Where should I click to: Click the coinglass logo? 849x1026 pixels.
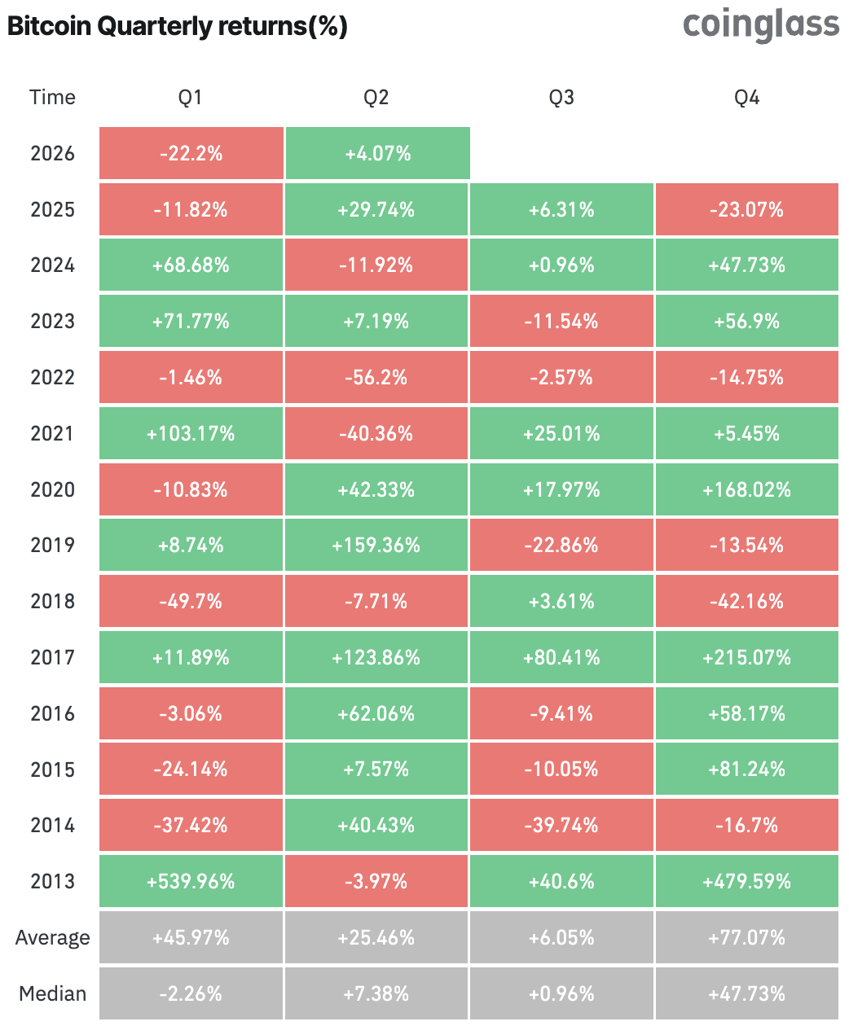pos(760,25)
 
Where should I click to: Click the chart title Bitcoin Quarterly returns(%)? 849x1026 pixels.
pos(177,26)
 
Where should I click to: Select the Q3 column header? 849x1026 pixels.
pos(561,98)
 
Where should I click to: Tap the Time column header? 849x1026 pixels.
pos(52,98)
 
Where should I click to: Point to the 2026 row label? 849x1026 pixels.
pos(52,153)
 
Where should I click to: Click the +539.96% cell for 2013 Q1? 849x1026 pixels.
pos(191,881)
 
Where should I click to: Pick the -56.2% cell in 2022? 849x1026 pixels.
pos(376,377)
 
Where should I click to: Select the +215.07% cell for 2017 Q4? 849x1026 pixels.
pos(746,657)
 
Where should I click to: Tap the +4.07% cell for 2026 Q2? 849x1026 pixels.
pos(377,153)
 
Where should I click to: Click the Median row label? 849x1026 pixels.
pos(52,993)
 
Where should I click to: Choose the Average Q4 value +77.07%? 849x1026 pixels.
pos(746,937)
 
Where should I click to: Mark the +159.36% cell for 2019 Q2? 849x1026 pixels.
pos(376,545)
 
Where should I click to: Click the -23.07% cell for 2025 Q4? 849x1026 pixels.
pos(746,209)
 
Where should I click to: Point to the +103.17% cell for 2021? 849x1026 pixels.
pos(191,433)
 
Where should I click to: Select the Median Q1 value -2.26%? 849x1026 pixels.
pos(191,993)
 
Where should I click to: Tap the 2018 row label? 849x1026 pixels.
pos(52,601)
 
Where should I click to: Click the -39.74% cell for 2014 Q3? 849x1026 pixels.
pos(561,825)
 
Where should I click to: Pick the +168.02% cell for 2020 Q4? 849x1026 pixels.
pos(746,489)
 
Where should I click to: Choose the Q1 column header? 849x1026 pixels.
pos(191,98)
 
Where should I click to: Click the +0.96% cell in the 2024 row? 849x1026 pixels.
pos(561,265)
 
